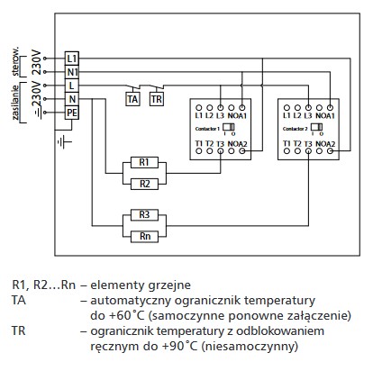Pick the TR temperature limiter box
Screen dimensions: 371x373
(x=156, y=98)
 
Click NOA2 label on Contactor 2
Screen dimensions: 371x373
(x=325, y=144)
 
